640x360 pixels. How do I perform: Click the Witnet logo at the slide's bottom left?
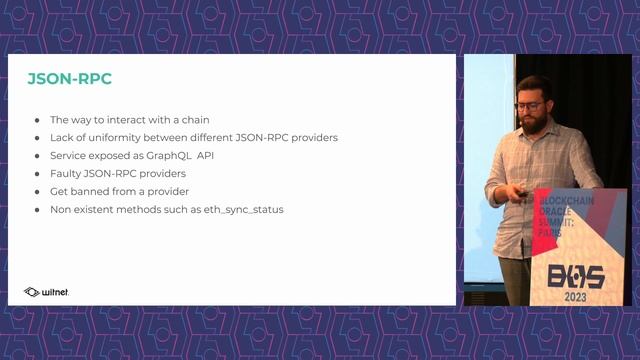46,292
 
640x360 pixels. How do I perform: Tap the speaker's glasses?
529,106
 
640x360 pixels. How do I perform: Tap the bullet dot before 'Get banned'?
37,192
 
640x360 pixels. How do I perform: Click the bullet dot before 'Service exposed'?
37,156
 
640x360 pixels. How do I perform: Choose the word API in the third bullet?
206,156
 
